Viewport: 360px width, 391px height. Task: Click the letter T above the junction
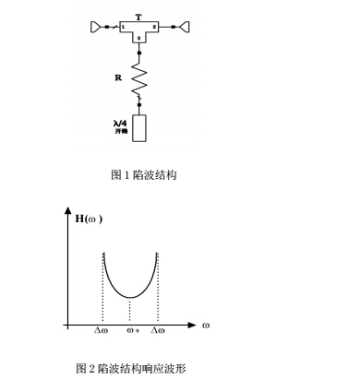tap(138, 16)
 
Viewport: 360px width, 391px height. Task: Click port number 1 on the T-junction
tap(122, 28)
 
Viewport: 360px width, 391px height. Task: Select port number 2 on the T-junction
tap(154, 28)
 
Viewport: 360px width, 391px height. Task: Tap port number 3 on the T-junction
tap(138, 38)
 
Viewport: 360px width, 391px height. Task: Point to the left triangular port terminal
tap(96, 28)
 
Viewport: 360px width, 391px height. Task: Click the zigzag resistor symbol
tap(139, 80)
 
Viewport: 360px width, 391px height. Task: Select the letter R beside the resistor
tap(117, 77)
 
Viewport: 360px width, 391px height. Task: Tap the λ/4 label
tap(118, 121)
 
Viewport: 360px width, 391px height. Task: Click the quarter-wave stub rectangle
tap(139, 127)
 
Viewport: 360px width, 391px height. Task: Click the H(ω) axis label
tap(90, 219)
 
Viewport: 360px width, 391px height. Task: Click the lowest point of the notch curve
tap(130, 297)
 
